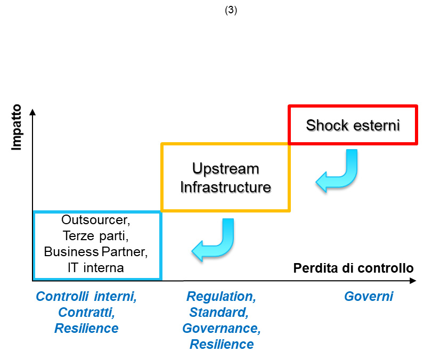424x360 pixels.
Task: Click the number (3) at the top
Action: pyautogui.click(x=231, y=10)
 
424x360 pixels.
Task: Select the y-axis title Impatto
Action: pyautogui.click(x=16, y=127)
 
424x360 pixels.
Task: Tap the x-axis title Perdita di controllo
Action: pyautogui.click(x=354, y=268)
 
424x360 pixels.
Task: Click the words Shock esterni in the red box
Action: pyautogui.click(x=353, y=125)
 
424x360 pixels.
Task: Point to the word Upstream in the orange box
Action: pyautogui.click(x=226, y=169)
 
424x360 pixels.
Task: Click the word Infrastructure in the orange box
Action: pyautogui.click(x=226, y=187)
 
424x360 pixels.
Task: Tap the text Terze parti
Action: pyautogui.click(x=96, y=236)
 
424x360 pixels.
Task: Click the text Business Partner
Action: pyautogui.click(x=96, y=252)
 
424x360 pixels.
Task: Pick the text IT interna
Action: pyautogui.click(x=96, y=268)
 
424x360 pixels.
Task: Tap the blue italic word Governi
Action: pyautogui.click(x=369, y=297)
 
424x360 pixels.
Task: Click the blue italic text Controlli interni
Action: pyautogui.click(x=86, y=297)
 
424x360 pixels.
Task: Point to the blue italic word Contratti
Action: pyautogui.click(x=86, y=313)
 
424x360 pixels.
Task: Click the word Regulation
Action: pyautogui.click(x=221, y=297)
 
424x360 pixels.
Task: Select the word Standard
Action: pyautogui.click(x=219, y=313)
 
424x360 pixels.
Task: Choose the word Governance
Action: pyautogui.click(x=222, y=329)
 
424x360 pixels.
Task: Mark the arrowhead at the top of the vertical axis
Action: pyautogui.click(x=32, y=112)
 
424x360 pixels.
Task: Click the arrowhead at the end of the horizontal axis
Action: pyautogui.click(x=413, y=281)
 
